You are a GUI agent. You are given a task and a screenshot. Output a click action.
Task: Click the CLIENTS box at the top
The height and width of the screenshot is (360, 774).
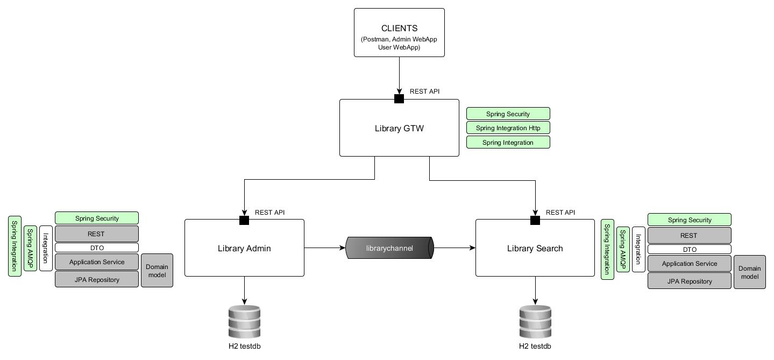[x=399, y=32]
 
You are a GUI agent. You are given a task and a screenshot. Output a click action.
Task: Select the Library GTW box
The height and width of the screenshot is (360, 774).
[x=399, y=128]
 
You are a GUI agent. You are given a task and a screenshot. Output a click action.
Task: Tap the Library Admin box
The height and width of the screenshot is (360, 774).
[x=244, y=248]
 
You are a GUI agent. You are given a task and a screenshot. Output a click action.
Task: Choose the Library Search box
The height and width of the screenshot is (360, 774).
[x=535, y=248]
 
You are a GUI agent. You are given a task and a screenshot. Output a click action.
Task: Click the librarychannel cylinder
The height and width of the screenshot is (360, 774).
[x=389, y=248]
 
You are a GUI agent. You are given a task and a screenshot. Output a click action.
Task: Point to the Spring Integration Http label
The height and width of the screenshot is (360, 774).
[x=508, y=128]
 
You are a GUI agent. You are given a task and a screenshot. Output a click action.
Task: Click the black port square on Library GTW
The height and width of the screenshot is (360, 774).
[x=399, y=98]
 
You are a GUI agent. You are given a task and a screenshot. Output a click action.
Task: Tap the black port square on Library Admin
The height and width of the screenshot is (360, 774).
[x=244, y=220]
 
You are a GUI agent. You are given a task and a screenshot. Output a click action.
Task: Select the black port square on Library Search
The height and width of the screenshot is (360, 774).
[x=535, y=220]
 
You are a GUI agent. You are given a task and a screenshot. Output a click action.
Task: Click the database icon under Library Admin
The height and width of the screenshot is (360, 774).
[x=244, y=321]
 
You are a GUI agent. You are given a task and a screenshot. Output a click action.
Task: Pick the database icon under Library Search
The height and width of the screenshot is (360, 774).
[x=535, y=321]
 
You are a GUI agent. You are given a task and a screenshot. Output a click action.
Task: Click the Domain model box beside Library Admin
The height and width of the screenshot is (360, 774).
[x=157, y=271]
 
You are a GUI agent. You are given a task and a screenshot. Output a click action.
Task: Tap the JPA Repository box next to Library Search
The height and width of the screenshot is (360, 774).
[x=689, y=281]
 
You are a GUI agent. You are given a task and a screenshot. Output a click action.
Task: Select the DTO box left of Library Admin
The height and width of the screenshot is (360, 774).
[x=97, y=248]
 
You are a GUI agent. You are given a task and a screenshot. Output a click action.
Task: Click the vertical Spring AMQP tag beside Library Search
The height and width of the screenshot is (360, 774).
[x=623, y=249]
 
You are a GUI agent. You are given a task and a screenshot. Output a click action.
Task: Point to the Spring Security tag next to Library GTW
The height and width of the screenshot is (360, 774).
[x=508, y=114]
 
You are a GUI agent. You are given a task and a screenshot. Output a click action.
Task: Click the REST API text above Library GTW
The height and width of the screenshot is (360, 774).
[x=424, y=91]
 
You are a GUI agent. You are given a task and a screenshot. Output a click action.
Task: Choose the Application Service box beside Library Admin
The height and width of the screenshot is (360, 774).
[x=97, y=262]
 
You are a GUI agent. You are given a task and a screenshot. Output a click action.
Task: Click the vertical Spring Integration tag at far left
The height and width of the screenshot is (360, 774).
[x=15, y=246]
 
